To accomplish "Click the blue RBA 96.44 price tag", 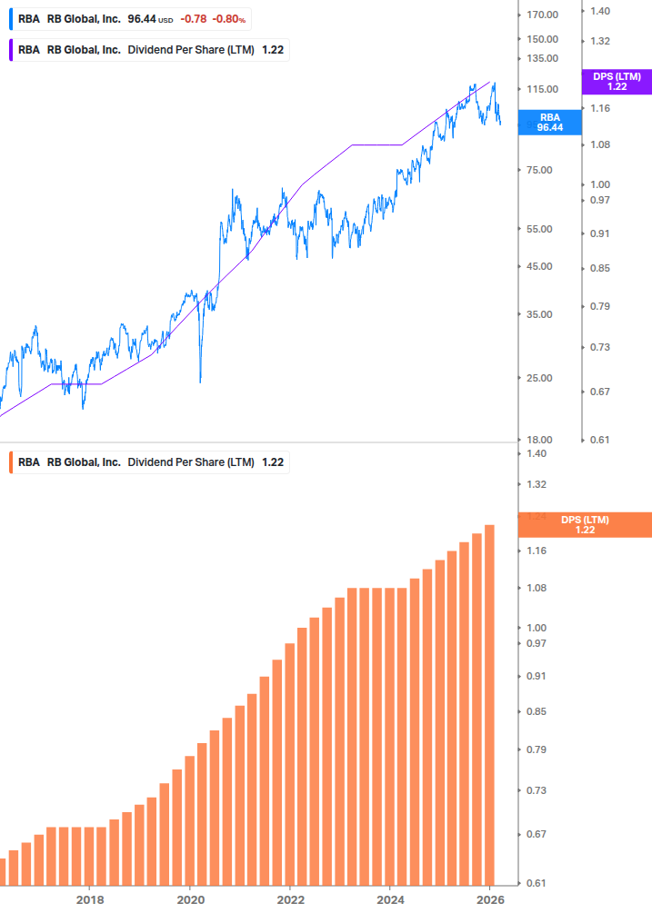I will [x=549, y=123].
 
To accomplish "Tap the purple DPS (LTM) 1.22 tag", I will [x=617, y=82].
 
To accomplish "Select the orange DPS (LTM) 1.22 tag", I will [x=584, y=524].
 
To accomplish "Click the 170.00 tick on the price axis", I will [x=542, y=15].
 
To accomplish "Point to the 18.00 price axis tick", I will [x=539, y=440].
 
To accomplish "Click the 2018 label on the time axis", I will [x=89, y=899].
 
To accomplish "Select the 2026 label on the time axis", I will [x=489, y=899].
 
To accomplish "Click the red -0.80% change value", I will [x=229, y=18].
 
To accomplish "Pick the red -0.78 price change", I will [x=193, y=18].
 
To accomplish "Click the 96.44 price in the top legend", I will [x=142, y=18].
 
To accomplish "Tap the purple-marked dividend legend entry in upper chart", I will [x=150, y=50].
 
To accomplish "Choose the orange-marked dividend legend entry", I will [x=150, y=461].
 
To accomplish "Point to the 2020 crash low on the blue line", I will [x=200, y=382].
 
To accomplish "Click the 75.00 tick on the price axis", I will [x=539, y=170].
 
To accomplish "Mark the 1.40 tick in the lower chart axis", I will [x=536, y=453].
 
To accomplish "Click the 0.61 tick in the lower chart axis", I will [x=536, y=883].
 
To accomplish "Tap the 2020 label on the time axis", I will [x=189, y=899].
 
